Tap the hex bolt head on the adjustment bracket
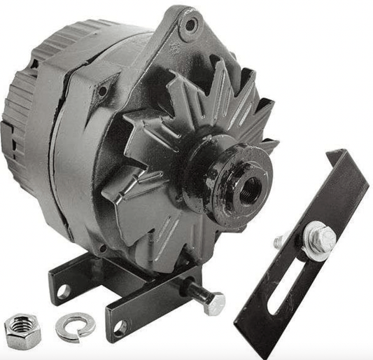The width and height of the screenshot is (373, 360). tap(321, 237)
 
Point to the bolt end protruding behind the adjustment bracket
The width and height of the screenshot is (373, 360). tap(281, 241)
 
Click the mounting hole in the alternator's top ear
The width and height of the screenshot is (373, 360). tap(189, 27)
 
